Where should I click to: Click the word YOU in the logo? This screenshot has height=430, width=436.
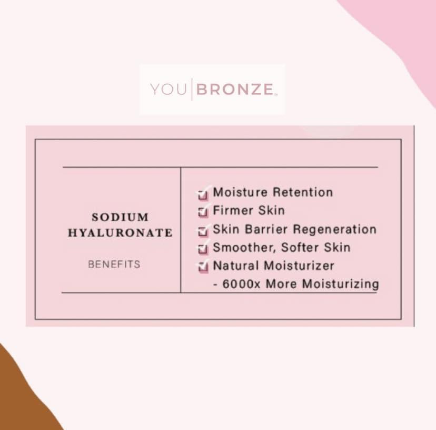click(168, 90)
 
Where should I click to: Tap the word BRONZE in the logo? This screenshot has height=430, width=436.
click(235, 90)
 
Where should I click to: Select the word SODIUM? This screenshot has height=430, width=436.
click(120, 217)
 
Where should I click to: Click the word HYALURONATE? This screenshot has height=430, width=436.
click(120, 233)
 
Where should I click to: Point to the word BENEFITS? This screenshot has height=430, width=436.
click(114, 264)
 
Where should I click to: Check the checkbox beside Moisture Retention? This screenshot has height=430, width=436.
click(203, 194)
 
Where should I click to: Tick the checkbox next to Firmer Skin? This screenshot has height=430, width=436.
click(203, 212)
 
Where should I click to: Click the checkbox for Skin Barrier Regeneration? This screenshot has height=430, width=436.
click(203, 231)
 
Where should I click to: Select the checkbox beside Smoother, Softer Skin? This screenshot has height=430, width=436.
click(203, 249)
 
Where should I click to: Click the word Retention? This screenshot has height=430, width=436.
click(303, 192)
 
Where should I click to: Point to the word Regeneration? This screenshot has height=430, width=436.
click(335, 230)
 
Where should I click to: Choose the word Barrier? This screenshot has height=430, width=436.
click(266, 229)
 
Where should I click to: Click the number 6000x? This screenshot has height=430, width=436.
click(241, 284)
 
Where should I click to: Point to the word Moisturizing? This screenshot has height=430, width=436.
click(340, 285)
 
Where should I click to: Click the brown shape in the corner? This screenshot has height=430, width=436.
click(22, 395)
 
